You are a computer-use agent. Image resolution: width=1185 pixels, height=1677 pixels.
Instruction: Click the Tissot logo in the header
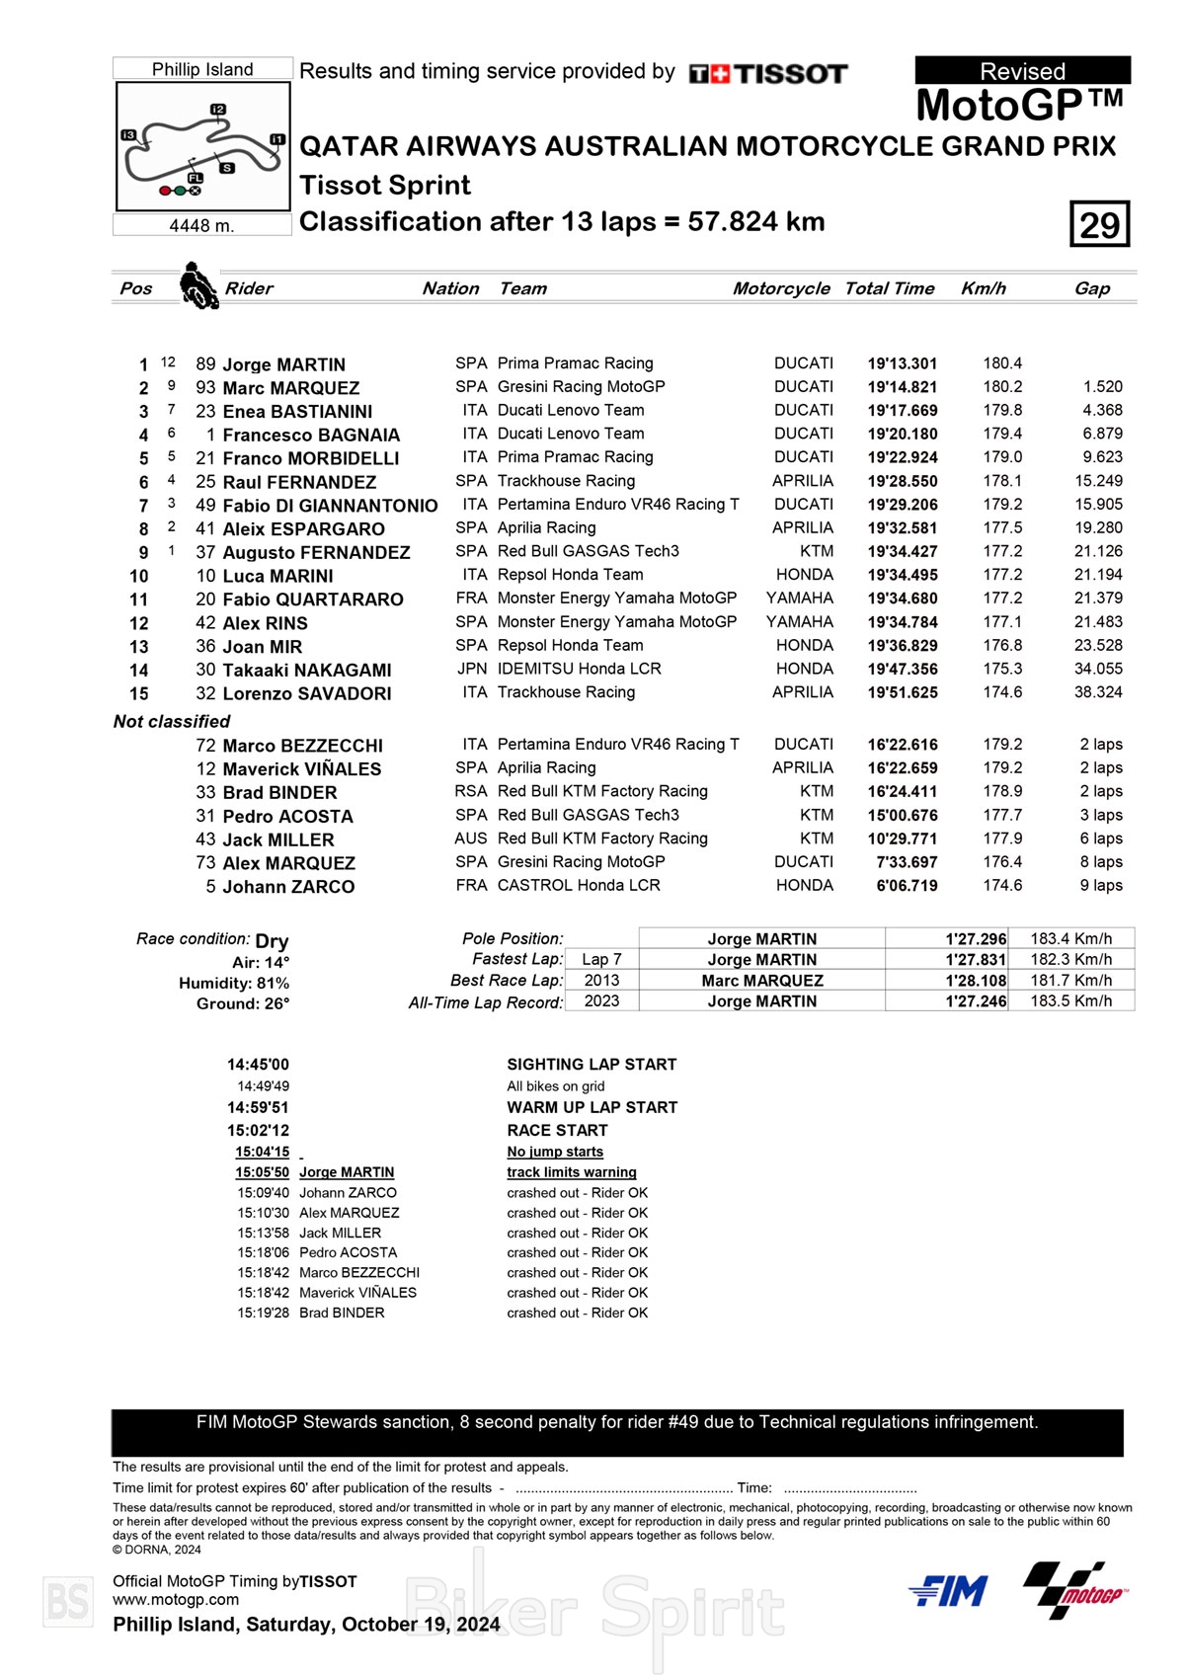pyautogui.click(x=768, y=74)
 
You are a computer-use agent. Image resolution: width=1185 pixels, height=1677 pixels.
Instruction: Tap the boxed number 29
pyautogui.click(x=1099, y=224)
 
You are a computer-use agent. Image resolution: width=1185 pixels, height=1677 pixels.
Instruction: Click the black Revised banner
pyautogui.click(x=1022, y=70)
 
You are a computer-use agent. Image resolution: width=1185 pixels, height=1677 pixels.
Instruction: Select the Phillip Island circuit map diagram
pyautogui.click(x=203, y=146)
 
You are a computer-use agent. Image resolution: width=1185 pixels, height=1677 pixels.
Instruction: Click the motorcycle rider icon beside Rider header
pyautogui.click(x=198, y=285)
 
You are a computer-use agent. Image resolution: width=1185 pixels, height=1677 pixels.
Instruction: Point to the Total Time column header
pyautogui.click(x=889, y=288)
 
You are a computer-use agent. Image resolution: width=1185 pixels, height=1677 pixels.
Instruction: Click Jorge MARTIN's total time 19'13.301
pyautogui.click(x=903, y=363)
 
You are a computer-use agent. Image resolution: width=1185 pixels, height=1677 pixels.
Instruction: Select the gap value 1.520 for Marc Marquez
pyautogui.click(x=1102, y=387)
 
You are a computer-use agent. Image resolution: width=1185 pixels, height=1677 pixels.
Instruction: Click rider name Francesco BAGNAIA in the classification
pyautogui.click(x=311, y=435)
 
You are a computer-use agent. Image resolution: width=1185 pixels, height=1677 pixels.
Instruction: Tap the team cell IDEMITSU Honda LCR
pyautogui.click(x=579, y=669)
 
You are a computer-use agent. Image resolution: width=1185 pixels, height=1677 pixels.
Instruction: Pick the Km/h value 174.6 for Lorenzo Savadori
pyautogui.click(x=1002, y=692)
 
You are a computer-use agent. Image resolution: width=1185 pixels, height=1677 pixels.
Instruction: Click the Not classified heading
pyautogui.click(x=172, y=721)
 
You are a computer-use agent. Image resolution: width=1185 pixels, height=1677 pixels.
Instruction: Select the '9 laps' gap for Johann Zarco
pyautogui.click(x=1101, y=886)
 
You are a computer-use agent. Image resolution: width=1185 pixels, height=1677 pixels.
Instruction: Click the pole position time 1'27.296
pyautogui.click(x=976, y=939)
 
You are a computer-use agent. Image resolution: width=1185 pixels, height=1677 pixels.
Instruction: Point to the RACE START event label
pyautogui.click(x=557, y=1130)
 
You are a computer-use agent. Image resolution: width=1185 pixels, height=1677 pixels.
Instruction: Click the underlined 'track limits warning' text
pyautogui.click(x=571, y=1172)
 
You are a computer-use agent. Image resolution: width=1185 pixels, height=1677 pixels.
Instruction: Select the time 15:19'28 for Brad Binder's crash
pyautogui.click(x=262, y=1313)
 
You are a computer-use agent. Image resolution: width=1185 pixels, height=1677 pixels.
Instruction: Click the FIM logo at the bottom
pyautogui.click(x=948, y=1591)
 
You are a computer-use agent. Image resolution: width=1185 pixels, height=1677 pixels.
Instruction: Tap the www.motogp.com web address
pyautogui.click(x=176, y=1600)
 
